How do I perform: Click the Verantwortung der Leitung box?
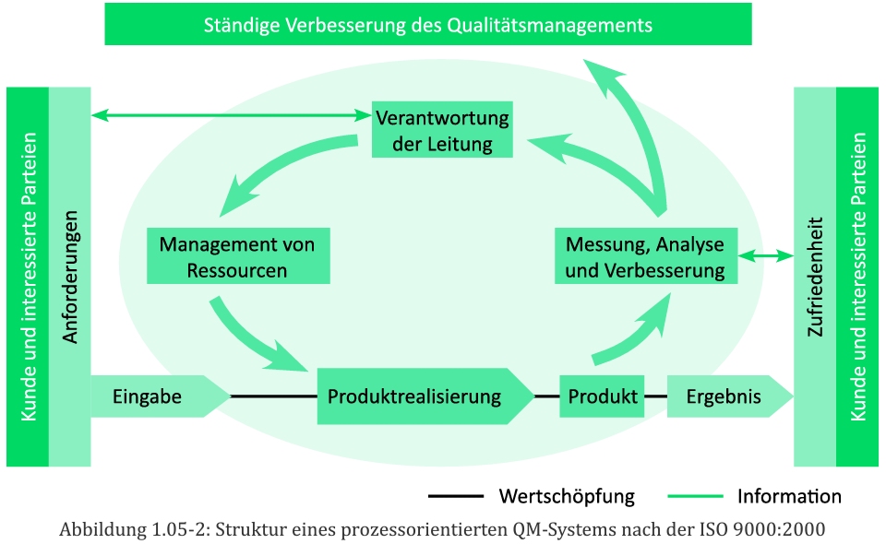coord(442,130)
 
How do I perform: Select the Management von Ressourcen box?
coord(237,257)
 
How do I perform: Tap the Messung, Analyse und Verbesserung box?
coord(644,257)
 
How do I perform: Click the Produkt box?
coord(602,396)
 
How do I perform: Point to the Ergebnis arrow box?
coord(725,396)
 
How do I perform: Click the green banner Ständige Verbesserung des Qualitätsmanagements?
coord(428,25)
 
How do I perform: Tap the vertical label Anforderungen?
coord(70,277)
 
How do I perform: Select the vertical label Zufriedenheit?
coord(815,277)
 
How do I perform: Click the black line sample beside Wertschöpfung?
coord(455,497)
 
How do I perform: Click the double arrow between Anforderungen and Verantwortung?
coord(231,116)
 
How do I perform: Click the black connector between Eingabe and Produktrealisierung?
coord(274,396)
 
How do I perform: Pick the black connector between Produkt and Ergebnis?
coord(655,396)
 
